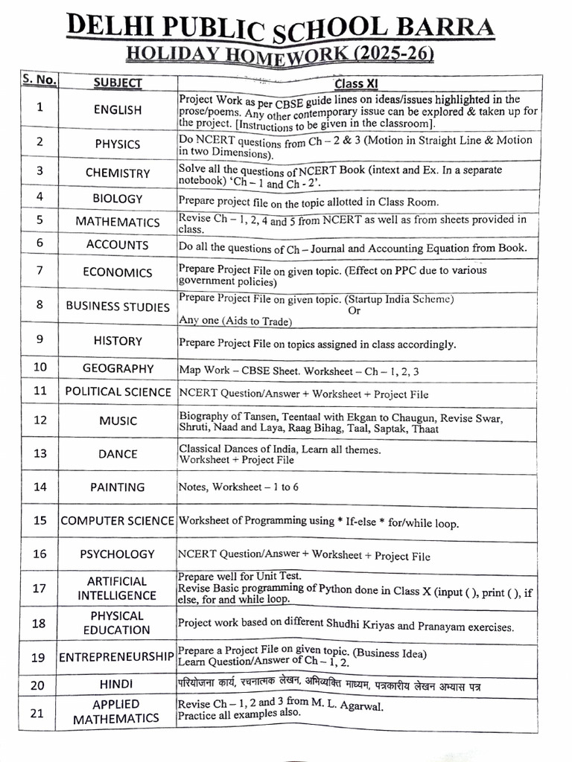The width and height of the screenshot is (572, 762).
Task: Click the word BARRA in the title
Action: pyautogui.click(x=449, y=28)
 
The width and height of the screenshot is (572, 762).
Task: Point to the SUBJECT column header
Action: pyautogui.click(x=118, y=83)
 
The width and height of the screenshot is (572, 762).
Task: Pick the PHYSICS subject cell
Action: pyautogui.click(x=118, y=144)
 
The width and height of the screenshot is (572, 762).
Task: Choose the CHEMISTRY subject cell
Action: pyautogui.click(x=118, y=173)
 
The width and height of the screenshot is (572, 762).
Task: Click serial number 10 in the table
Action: pyautogui.click(x=40, y=367)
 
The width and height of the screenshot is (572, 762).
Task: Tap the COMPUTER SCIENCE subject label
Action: pyautogui.click(x=118, y=521)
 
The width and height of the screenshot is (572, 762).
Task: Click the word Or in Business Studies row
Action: pyautogui.click(x=354, y=310)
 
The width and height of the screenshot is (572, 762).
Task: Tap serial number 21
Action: pyautogui.click(x=38, y=713)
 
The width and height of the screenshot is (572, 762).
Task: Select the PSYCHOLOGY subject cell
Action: pyautogui.click(x=118, y=554)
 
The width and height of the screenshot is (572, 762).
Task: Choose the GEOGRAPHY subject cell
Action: pyautogui.click(x=118, y=368)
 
